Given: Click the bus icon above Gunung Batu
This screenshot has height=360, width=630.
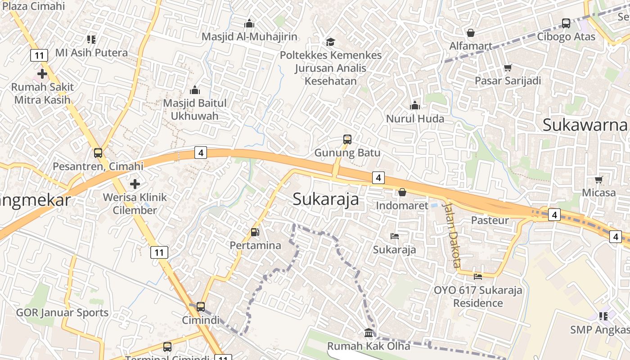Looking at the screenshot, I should (x=347, y=139).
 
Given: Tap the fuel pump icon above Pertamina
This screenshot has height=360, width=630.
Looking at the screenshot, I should (x=255, y=232).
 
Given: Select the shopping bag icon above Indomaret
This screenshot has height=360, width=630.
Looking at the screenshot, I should (x=402, y=192).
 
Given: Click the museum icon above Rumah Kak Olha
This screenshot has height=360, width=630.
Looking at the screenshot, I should (x=369, y=333).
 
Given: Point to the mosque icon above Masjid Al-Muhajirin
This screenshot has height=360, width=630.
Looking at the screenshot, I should (x=249, y=23).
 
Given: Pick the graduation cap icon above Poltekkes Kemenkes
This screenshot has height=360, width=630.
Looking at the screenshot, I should (x=331, y=42).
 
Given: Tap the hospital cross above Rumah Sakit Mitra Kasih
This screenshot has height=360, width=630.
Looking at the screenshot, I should (x=42, y=73).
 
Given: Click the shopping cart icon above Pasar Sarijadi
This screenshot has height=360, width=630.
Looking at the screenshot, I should (x=508, y=67).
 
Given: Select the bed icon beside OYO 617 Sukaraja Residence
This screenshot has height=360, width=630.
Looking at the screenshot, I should (x=478, y=276).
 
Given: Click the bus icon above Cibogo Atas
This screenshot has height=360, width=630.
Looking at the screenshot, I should (x=566, y=23).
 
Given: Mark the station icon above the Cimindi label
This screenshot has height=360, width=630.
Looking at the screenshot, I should (x=201, y=307).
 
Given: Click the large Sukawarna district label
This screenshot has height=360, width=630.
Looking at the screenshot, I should (x=585, y=125).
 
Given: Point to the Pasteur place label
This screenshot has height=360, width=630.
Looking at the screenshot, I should (x=490, y=220).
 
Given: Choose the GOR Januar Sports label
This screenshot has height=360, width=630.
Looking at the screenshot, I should (x=62, y=313).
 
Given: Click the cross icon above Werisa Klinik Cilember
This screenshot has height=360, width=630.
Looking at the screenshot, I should (x=135, y=184).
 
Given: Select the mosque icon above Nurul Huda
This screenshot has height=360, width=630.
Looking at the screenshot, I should (x=414, y=106).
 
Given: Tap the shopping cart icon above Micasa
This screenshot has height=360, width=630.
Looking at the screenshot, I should (x=598, y=180).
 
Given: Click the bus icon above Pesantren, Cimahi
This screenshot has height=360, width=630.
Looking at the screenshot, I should (x=98, y=153).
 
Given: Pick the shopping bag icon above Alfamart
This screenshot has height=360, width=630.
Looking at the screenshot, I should (x=470, y=33).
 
